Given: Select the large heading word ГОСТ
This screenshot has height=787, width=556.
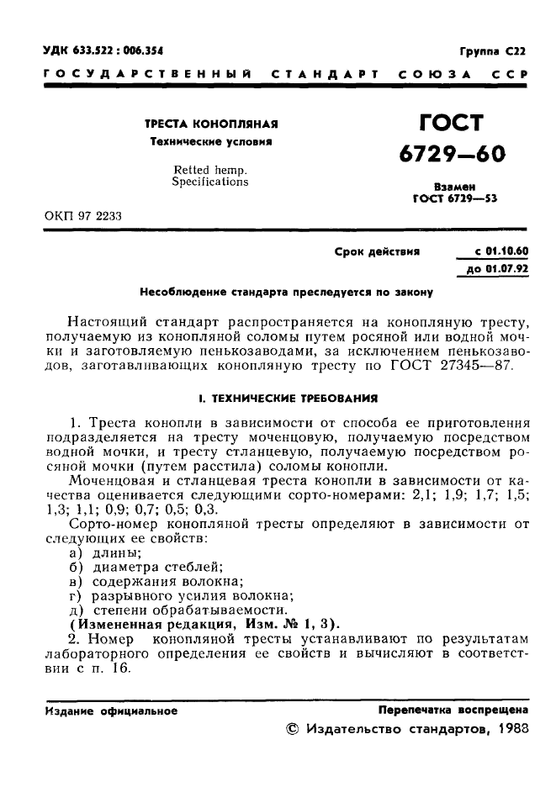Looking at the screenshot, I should click(452, 124).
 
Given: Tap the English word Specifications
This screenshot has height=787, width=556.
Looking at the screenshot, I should click(210, 182).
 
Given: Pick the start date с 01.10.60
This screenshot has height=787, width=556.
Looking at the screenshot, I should click(501, 251).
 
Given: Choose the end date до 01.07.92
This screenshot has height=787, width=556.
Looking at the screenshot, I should click(501, 269).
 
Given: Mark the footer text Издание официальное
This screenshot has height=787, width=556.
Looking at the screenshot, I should click(110, 710).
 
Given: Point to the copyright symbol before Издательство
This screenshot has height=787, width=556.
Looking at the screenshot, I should click(293, 730).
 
